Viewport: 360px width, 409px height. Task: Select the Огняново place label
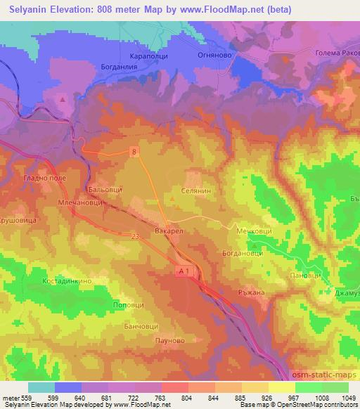(x=208, y=53)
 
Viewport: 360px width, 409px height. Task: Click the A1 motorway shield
(x=184, y=270)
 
